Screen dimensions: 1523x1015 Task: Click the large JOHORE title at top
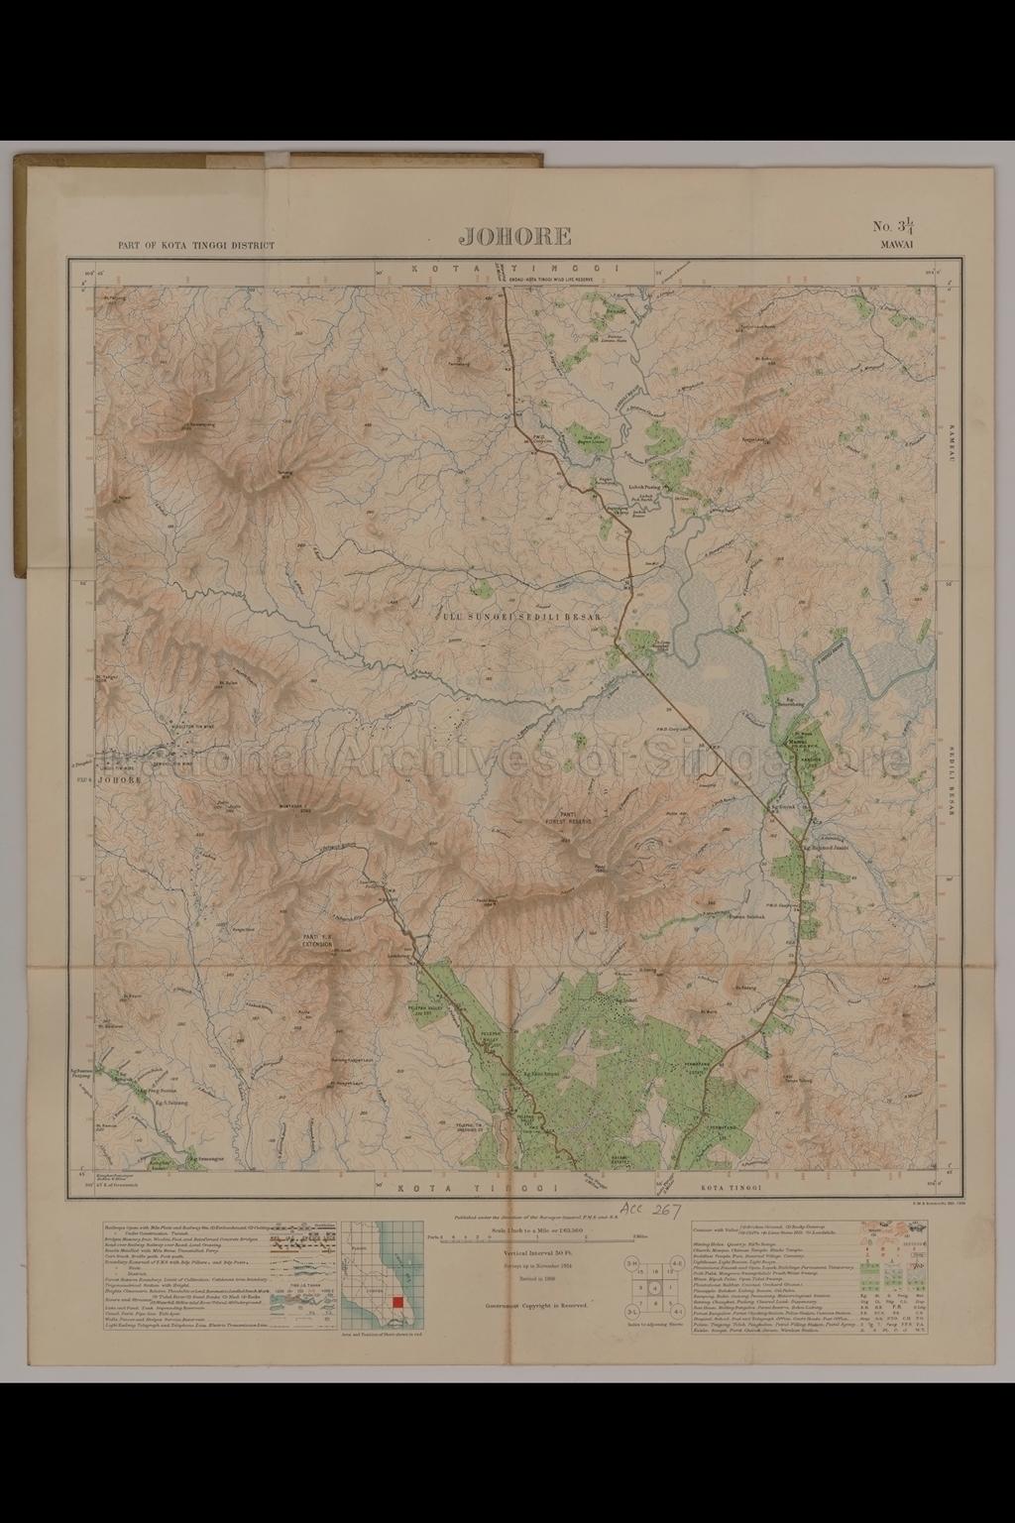514,236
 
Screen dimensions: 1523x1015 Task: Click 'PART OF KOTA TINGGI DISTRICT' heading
195,245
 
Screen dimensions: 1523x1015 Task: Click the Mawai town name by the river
799,740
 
